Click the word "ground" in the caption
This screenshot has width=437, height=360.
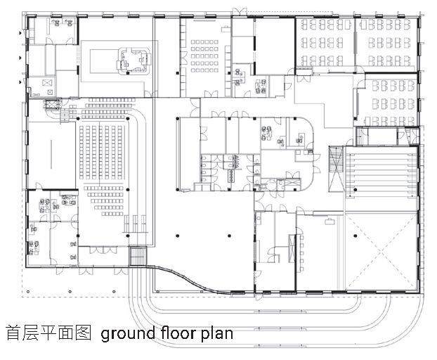pyautogui.click(x=128, y=334)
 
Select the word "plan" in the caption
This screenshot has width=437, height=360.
pyautogui.click(x=217, y=333)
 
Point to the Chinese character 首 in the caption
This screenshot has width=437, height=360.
pyautogui.click(x=13, y=333)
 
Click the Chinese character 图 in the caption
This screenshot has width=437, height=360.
pyautogui.click(x=84, y=333)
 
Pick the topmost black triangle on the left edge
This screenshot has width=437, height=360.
pyautogui.click(x=20, y=33)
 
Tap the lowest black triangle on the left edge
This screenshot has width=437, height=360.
pyautogui.click(x=20, y=82)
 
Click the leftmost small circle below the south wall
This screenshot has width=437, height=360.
pyautogui.click(x=28, y=292)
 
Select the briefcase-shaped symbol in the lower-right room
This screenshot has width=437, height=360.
pyautogui.click(x=329, y=221)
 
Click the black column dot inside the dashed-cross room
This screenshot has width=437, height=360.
pyautogui.click(x=355, y=236)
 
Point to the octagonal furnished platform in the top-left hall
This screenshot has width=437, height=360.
pyautogui.click(x=133, y=62)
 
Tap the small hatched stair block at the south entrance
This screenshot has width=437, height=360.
pyautogui.click(x=138, y=256)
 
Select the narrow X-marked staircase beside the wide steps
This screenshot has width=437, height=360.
pyautogui.click(x=336, y=169)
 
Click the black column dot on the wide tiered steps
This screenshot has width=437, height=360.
pyautogui.click(x=356, y=190)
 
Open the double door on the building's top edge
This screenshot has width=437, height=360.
pyautogui.click(x=240, y=12)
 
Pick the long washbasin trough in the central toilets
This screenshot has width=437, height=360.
pyautogui.click(x=231, y=176)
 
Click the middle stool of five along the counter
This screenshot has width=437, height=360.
pyautogui.click(x=302, y=252)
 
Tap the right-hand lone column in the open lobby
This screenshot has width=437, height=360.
pyautogui.click(x=229, y=236)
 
